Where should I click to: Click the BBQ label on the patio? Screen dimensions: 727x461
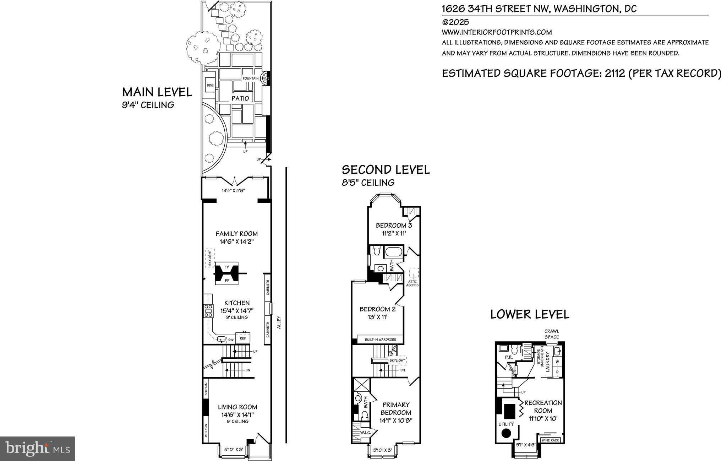tap(210, 85)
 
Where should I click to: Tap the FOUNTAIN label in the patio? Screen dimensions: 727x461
tap(251, 78)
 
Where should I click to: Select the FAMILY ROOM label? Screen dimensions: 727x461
tap(237, 234)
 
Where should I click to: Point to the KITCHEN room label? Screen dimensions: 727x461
tap(237, 303)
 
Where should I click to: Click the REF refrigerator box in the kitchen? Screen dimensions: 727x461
tap(243, 338)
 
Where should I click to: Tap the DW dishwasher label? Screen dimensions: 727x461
tap(231, 340)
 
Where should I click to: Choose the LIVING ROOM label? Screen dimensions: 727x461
tap(237, 407)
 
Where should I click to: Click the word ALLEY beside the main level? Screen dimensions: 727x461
tap(279, 322)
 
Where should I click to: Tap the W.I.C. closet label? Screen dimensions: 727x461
tap(366, 433)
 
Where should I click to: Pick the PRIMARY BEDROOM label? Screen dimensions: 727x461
tap(396, 408)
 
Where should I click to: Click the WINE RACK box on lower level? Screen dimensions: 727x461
tap(551, 440)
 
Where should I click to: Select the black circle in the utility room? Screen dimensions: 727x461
tap(506, 433)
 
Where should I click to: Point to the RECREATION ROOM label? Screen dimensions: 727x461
tap(543, 407)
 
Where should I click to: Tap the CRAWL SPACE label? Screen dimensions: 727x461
tap(552, 334)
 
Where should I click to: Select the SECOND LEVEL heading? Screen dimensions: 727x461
tap(386, 170)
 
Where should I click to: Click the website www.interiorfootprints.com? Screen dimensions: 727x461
tap(497, 32)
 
